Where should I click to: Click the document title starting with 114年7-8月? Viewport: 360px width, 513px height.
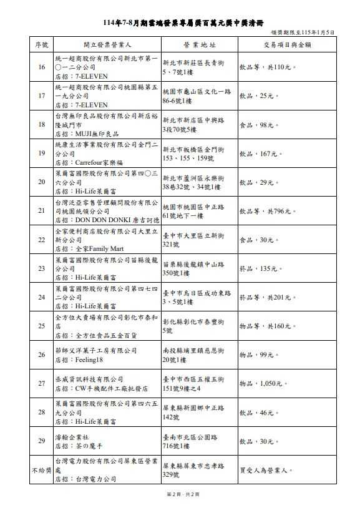[x=180, y=21]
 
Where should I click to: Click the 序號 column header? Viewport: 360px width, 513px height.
[x=42, y=45]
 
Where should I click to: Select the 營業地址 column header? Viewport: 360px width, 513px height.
[x=199, y=45]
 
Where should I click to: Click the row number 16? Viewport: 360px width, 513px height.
[x=42, y=67]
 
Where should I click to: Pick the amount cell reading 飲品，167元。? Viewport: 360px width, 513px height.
[x=261, y=154]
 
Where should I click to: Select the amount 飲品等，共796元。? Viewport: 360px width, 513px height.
[x=267, y=211]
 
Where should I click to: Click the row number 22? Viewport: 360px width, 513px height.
[x=42, y=240]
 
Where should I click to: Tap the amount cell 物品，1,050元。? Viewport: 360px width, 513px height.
[x=264, y=383]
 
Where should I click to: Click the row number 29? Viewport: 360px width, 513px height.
[x=42, y=441]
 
